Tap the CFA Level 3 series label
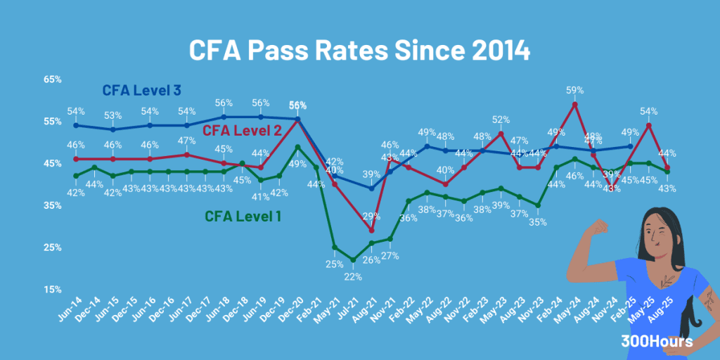coord(141,91)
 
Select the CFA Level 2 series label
coord(242,130)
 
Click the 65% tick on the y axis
coord(53,79)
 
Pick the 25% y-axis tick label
coord(53,247)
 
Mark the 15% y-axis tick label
coord(53,290)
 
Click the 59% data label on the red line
coord(575,91)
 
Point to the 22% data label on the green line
coord(353,276)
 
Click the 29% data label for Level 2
coord(371,217)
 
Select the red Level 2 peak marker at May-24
coord(575,105)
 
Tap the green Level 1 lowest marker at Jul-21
coord(353,260)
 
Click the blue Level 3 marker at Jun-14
coord(76,126)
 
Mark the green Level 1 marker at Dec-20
coord(297,147)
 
